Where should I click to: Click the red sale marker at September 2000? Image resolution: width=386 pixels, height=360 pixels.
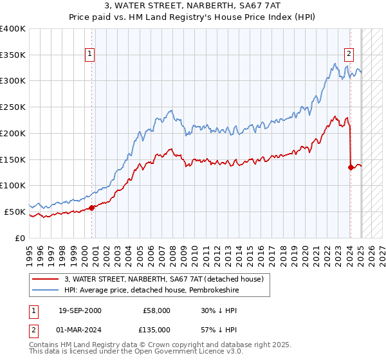pyautogui.click(x=91, y=207)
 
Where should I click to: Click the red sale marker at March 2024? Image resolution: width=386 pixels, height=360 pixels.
pyautogui.click(x=351, y=167)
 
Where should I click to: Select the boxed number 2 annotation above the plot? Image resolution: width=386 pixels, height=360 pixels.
pyautogui.click(x=349, y=54)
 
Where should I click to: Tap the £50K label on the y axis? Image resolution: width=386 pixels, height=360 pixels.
pyautogui.click(x=15, y=212)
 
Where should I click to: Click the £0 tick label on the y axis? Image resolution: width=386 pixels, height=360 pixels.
pyautogui.click(x=19, y=238)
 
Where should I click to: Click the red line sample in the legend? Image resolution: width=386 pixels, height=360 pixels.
pyautogui.click(x=45, y=279)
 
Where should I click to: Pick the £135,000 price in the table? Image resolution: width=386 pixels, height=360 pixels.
pyautogui.click(x=155, y=330)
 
